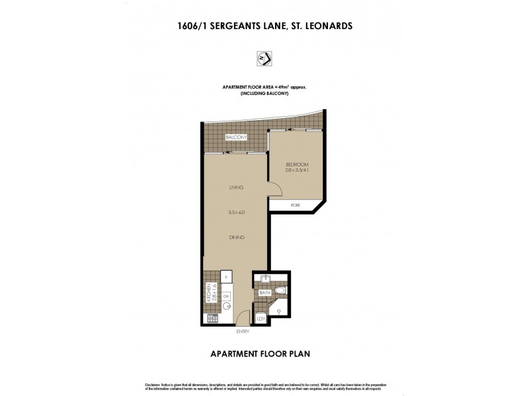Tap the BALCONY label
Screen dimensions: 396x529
tap(236, 137)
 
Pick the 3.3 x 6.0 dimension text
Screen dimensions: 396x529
tap(236, 213)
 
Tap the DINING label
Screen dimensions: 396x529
tap(236, 237)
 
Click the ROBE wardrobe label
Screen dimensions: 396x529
tap(296, 206)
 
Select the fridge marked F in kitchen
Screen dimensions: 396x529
tap(226, 278)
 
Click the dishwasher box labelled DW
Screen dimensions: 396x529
tap(226, 297)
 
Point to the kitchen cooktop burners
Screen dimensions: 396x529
tap(213, 319)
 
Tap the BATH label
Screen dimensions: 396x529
tap(264, 292)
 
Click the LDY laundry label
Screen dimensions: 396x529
tap(261, 319)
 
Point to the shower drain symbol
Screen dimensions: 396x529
tap(279, 311)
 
